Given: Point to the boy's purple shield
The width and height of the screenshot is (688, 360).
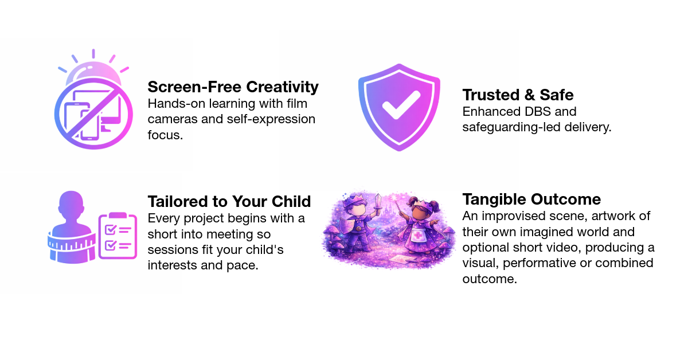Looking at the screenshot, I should click(x=343, y=227).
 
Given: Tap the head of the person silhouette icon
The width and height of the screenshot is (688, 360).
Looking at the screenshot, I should click(x=73, y=204).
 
